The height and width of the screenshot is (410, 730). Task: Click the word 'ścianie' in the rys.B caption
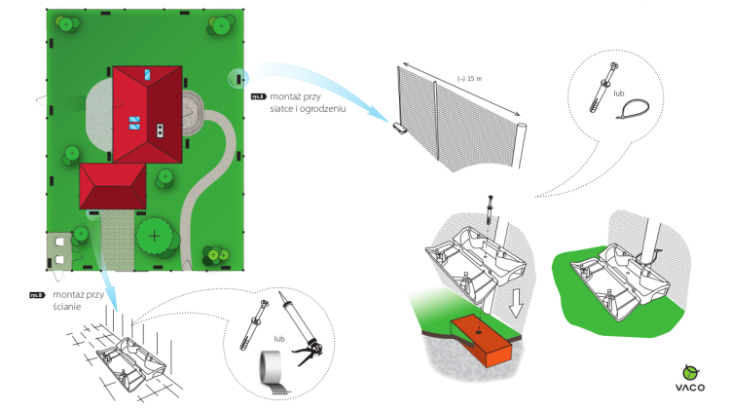pyautogui.click(x=67, y=307)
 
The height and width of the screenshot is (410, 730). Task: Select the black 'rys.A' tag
pyautogui.click(x=258, y=96)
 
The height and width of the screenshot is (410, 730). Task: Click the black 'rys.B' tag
pyautogui.click(x=36, y=294)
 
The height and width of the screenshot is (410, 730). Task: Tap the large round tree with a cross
pyautogui.click(x=154, y=235)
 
